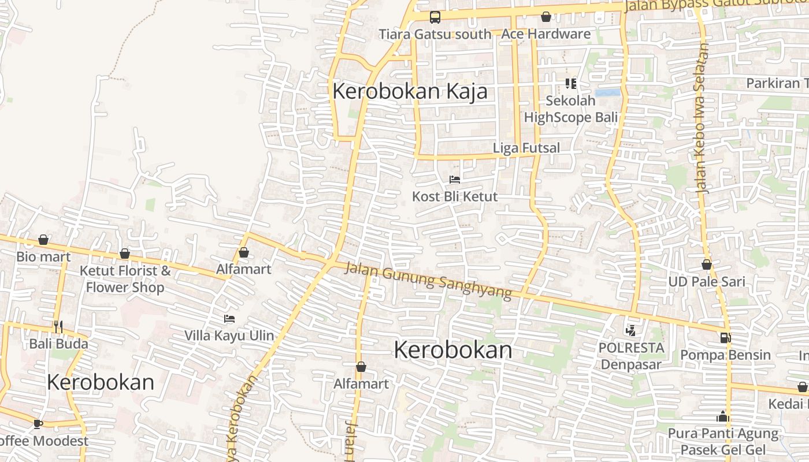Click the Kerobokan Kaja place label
(x=410, y=91)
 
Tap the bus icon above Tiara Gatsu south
(x=435, y=17)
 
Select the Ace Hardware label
(x=546, y=34)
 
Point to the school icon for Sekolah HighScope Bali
(x=571, y=84)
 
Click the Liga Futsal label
(x=526, y=148)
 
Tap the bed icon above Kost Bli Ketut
(x=455, y=180)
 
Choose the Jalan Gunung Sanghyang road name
(x=428, y=280)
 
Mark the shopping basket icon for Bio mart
(x=43, y=240)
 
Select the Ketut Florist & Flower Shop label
(x=125, y=279)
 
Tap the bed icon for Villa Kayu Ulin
(x=229, y=319)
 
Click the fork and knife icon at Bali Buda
(x=58, y=327)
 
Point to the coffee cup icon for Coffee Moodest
(x=38, y=424)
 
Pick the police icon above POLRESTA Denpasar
(x=630, y=331)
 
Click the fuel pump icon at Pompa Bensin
(x=725, y=338)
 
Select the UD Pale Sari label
(x=707, y=282)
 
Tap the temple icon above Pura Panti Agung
(x=722, y=416)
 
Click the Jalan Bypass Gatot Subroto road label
(x=717, y=5)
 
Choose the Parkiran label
(x=777, y=83)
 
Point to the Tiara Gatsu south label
(x=435, y=34)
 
